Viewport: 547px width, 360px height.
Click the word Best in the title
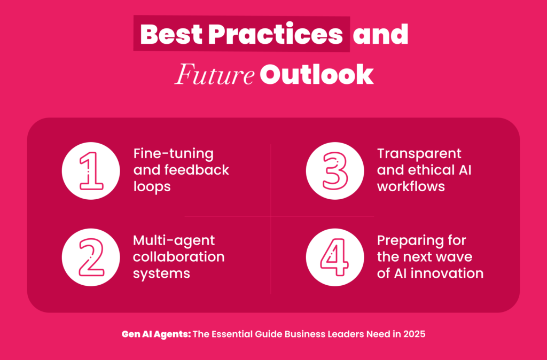(171, 34)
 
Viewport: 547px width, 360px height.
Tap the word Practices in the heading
(276, 34)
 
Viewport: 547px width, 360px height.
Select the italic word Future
(215, 75)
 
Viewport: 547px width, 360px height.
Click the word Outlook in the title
(317, 75)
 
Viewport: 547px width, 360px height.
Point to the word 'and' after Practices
(380, 34)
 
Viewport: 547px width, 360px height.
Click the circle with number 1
(91, 170)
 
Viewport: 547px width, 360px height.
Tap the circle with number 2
(91, 257)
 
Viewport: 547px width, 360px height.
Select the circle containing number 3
(335, 170)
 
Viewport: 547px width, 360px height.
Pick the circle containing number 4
(335, 257)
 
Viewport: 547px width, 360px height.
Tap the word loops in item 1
(152, 187)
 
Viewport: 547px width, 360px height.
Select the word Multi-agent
(174, 241)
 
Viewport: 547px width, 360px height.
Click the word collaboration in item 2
(178, 257)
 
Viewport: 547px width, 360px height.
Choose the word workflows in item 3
(411, 186)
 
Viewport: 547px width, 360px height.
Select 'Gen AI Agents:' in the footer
(157, 334)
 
